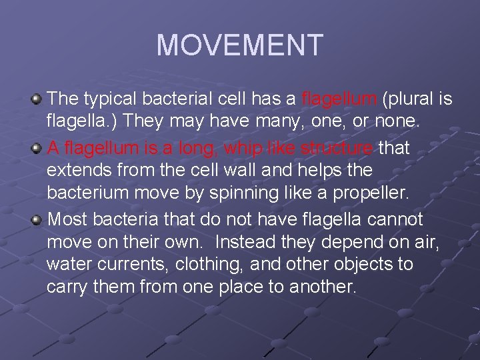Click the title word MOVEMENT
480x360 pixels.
pyautogui.click(x=239, y=45)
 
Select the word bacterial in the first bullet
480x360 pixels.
pyautogui.click(x=181, y=99)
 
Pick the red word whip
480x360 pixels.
pyautogui.click(x=247, y=147)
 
